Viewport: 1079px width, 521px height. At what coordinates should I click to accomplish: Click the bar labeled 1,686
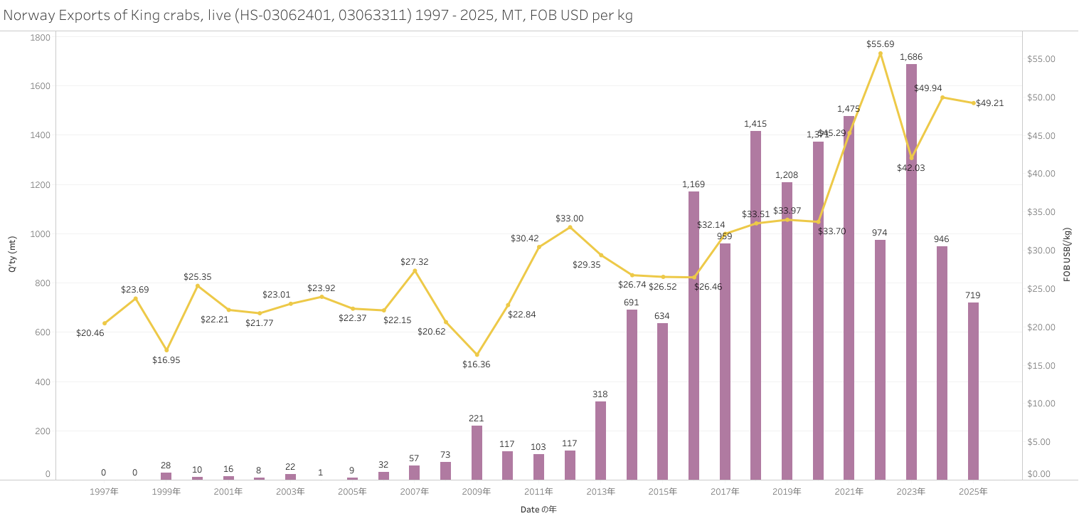click(x=911, y=271)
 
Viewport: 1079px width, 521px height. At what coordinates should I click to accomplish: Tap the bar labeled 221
click(x=477, y=452)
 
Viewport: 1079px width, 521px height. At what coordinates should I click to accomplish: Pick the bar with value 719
click(x=973, y=391)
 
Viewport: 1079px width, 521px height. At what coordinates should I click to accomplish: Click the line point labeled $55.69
click(x=880, y=53)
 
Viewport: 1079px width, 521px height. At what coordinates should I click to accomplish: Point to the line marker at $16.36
click(x=477, y=354)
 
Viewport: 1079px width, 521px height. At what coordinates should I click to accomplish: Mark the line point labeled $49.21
click(x=973, y=103)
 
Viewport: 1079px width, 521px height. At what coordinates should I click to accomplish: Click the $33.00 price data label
click(x=569, y=219)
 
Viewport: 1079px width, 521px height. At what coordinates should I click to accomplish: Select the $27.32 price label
click(x=414, y=262)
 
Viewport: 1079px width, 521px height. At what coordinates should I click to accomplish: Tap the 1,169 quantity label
click(x=693, y=184)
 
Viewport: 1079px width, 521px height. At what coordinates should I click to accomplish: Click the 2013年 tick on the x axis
click(x=600, y=492)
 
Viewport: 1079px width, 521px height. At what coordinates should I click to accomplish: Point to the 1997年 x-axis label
click(x=105, y=492)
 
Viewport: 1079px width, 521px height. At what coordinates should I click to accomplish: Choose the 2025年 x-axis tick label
click(x=973, y=492)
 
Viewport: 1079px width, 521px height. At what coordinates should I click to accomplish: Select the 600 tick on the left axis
click(x=44, y=332)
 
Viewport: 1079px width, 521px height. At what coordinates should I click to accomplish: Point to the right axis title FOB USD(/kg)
click(x=1067, y=255)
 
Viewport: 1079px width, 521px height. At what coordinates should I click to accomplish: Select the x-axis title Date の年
click(x=538, y=510)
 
